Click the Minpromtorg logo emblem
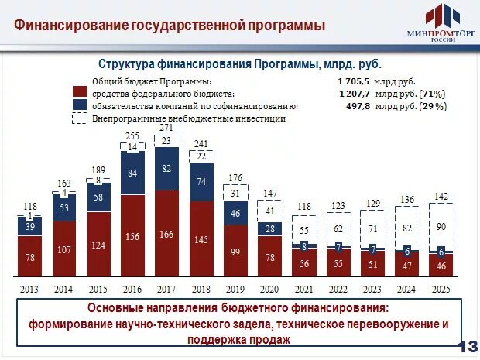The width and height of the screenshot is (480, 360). [438, 16]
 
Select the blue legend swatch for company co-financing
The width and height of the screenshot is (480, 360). [79, 106]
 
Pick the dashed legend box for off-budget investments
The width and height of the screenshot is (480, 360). [79, 118]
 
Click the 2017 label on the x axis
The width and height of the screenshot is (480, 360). [166, 289]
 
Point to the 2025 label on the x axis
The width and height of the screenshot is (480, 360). [441, 289]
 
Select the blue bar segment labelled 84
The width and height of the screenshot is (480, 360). [132, 173]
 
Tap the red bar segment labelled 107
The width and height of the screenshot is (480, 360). [65, 249]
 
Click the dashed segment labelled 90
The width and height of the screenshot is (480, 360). [441, 225]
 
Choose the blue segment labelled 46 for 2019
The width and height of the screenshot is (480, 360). [235, 212]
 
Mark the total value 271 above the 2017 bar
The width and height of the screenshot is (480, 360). [166, 128]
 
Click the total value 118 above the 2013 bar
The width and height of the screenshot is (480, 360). [31, 206]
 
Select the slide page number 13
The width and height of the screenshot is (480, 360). [468, 345]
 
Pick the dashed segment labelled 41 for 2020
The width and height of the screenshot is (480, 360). [269, 209]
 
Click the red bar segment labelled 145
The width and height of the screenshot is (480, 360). [201, 240]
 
